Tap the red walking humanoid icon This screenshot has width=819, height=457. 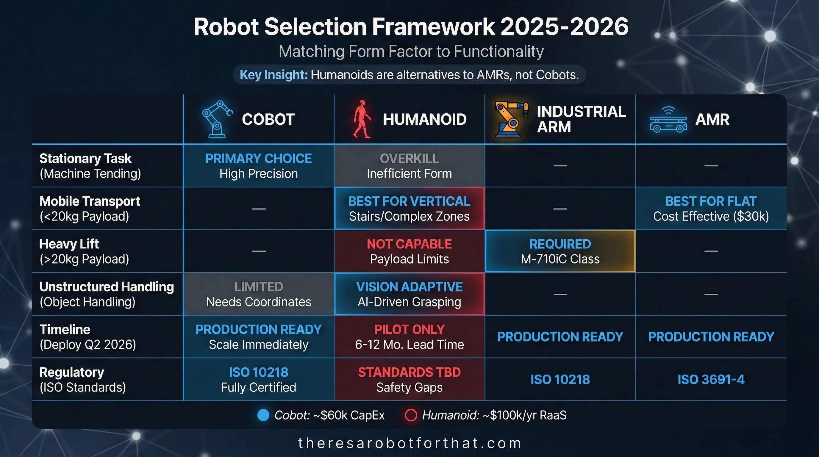tap(362, 119)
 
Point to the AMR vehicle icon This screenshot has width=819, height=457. tap(668, 120)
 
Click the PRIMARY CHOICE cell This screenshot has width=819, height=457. tap(259, 166)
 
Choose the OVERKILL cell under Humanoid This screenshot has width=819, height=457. tap(409, 166)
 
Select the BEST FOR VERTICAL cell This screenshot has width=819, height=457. tap(409, 209)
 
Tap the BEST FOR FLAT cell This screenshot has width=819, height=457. tap(711, 209)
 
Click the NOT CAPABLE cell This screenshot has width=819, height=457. tap(409, 251)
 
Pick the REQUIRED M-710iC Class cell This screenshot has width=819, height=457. tap(560, 251)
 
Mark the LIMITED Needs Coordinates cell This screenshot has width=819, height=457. tap(259, 294)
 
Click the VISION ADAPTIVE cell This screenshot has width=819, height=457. tap(409, 294)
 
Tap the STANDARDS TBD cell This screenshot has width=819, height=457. tap(409, 379)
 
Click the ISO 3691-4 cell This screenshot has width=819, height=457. tap(711, 379)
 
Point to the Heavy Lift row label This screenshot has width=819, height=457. tap(84, 251)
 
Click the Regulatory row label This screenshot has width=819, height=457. tap(83, 379)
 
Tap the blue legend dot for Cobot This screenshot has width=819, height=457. tap(263, 415)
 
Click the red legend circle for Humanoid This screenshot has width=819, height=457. tap(411, 415)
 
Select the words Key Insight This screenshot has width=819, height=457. tap(273, 75)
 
